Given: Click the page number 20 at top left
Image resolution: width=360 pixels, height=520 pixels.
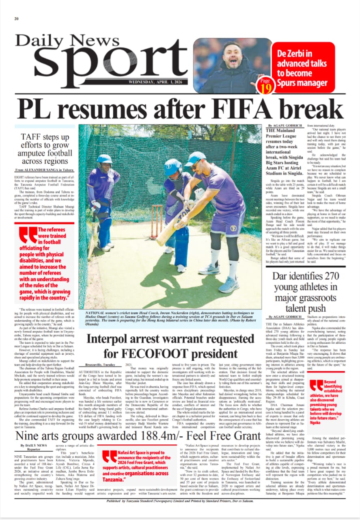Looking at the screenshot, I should tap(17, 19).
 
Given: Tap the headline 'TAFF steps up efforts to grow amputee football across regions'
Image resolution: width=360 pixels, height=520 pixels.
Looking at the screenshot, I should tap(45, 149).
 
